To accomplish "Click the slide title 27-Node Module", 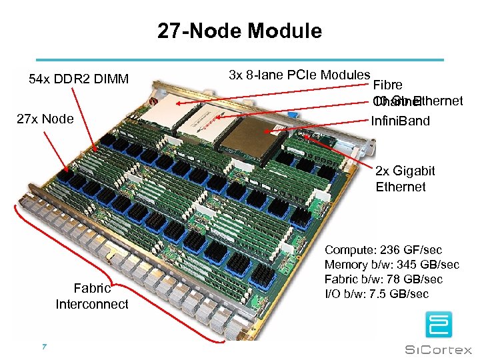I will pos(239,31).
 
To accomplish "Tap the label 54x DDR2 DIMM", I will pos(79,80).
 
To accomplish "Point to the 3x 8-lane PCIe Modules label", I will pos(299,75).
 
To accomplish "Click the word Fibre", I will pos(387,85).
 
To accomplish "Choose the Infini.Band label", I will pos(401,121).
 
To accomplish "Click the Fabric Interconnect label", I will pos(92,297).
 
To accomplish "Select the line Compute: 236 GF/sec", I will pos(383,250).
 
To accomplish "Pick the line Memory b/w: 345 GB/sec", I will pos(391,265).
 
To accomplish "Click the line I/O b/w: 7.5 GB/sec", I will pos(376,294).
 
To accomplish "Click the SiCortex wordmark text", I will pos(439,349).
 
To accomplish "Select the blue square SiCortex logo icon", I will pos(439,325).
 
